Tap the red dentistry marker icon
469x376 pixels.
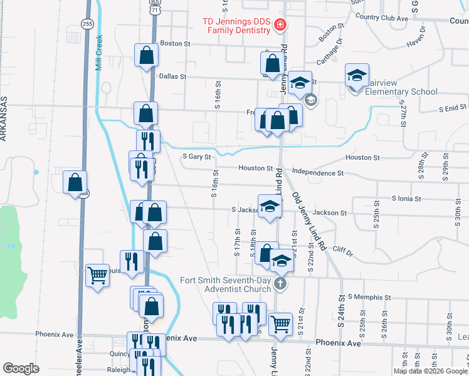280,26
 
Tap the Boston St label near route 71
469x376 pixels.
175,44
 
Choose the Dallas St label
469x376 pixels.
173,76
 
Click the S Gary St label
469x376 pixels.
196,157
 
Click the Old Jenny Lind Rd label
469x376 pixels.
308,222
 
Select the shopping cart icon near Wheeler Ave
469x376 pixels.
97,275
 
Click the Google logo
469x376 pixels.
21,368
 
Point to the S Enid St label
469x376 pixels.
448,108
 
